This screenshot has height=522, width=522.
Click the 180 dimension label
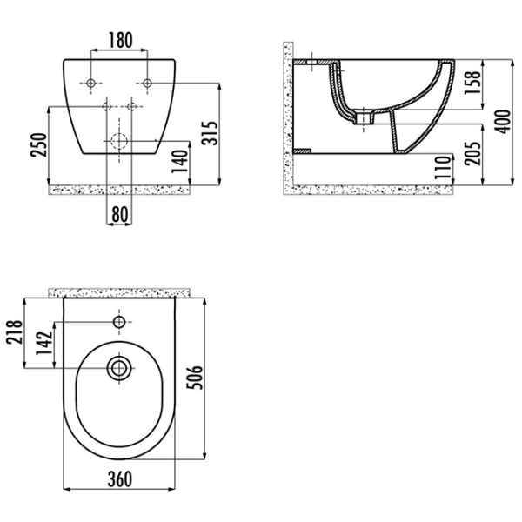pos(121,40)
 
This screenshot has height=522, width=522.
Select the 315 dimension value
pos(210,133)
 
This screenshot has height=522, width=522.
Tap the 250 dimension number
pos(38,144)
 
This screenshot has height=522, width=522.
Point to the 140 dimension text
pos(180,162)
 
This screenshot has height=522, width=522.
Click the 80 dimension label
pos(120,214)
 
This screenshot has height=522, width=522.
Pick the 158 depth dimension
pos(472,83)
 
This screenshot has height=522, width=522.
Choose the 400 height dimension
pos(502,122)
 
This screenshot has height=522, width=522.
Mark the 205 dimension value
pos(472,153)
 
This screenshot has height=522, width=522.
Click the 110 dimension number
pos(443,167)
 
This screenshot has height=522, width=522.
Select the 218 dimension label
pos(15,332)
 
